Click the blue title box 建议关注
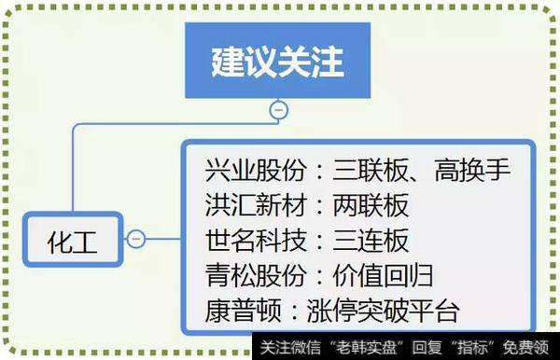tap(277, 62)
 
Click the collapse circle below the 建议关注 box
tap(277, 110)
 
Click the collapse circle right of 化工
tap(135, 240)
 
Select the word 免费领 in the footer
tap(531, 349)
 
